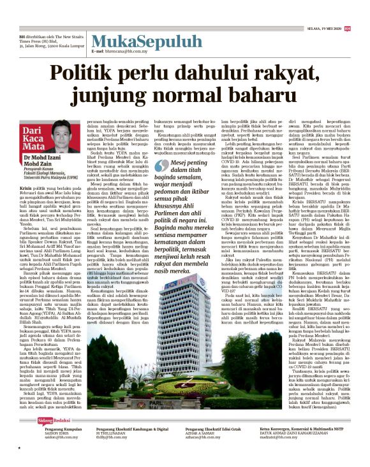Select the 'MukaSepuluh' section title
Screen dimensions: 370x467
pos(126,42)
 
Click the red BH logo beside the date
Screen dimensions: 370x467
pos(347,28)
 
